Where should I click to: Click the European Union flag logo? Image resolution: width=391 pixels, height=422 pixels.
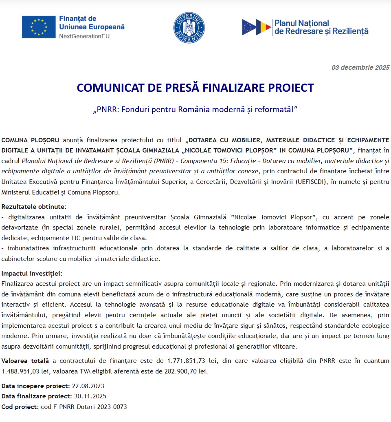(x=39, y=27)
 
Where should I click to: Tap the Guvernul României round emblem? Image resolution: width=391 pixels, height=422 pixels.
(x=189, y=28)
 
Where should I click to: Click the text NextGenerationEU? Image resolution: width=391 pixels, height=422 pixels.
(x=84, y=36)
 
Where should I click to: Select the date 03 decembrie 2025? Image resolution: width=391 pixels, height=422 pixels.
(x=360, y=68)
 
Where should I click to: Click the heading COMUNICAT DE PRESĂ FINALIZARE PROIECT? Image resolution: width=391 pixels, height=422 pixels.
(x=195, y=88)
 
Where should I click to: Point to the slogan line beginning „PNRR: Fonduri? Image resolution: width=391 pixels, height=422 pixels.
(x=195, y=109)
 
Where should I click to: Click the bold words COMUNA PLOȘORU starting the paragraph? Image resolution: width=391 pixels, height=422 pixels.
(x=31, y=140)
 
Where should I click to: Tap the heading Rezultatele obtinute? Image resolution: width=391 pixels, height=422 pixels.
(x=34, y=207)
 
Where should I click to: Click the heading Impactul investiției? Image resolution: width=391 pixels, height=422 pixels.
(x=32, y=273)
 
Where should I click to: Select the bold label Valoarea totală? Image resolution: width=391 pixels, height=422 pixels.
(x=25, y=361)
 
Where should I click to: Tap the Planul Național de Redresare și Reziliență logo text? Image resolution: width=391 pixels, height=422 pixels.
(x=321, y=27)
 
